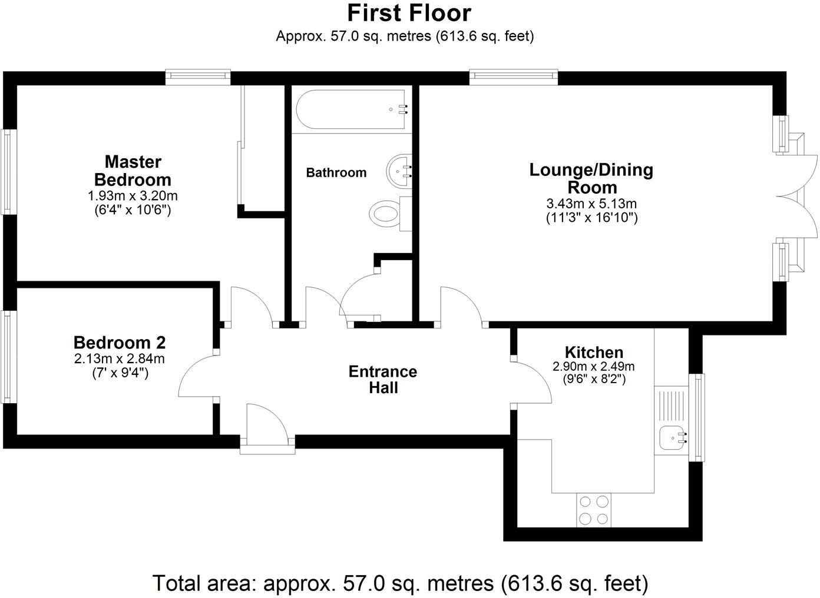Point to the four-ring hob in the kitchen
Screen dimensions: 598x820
tap(594, 510)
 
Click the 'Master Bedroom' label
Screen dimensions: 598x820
tap(133, 171)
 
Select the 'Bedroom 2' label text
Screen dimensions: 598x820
tap(119, 343)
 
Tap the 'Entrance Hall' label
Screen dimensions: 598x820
tap(383, 380)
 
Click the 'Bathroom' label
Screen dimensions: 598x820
tap(336, 173)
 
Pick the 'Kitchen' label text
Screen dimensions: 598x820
tap(594, 353)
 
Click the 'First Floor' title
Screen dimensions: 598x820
tap(409, 13)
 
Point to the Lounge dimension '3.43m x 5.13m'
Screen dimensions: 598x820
tap(591, 204)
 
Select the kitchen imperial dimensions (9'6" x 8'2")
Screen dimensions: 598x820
tap(594, 379)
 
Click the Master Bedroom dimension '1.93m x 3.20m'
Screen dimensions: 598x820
tap(133, 195)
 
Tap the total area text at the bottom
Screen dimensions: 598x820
tap(401, 583)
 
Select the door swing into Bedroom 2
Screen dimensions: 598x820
tap(197, 377)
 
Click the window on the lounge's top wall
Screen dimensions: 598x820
tap(513, 75)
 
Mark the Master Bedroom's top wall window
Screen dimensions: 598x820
tap(197, 75)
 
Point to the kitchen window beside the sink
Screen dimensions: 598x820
tap(699, 417)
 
